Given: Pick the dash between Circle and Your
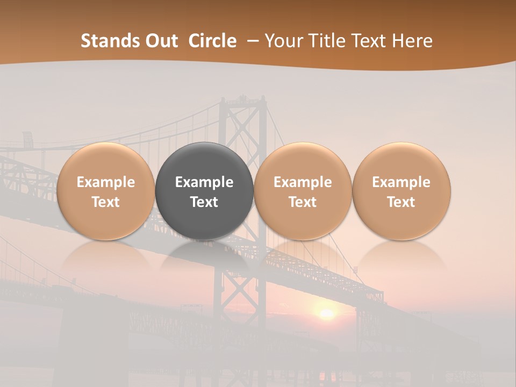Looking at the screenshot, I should (x=250, y=41).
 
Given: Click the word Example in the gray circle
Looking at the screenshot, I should (x=204, y=182).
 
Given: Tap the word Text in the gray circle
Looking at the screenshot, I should (x=204, y=202).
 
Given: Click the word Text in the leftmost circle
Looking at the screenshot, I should (x=106, y=202).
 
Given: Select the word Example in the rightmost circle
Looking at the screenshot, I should (x=402, y=182).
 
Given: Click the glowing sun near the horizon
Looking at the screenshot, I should (x=326, y=313).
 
